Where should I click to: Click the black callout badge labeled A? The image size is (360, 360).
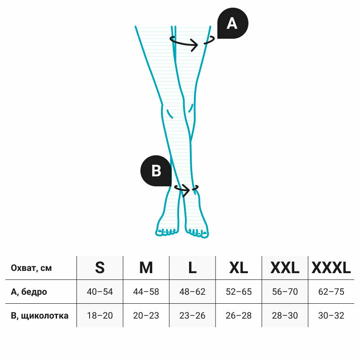pos(232,23)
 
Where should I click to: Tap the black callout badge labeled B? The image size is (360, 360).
pos(156,171)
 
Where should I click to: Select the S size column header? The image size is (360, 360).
pos(100,268)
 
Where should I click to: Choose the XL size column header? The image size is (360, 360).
pos(238,268)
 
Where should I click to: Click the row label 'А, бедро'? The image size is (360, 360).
pos(29,292)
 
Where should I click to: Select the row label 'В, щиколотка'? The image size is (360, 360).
pos(40,315)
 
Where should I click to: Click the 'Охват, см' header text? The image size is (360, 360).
pos(31,268)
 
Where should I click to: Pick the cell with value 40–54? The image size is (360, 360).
pos(100,292)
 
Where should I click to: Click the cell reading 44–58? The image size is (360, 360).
pos(146,292)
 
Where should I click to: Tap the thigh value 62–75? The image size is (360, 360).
pos(331,292)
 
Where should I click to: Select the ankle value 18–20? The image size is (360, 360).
pos(100,315)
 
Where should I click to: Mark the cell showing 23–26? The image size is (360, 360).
pos(192,315)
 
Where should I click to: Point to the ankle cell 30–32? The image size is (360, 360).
pos(331,315)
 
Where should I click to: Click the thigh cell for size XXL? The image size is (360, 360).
pos(285,292)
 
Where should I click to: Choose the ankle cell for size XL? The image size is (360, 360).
pos(238,315)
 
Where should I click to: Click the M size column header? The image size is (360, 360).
pos(146,268)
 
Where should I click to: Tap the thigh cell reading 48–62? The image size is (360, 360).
pos(192,292)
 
